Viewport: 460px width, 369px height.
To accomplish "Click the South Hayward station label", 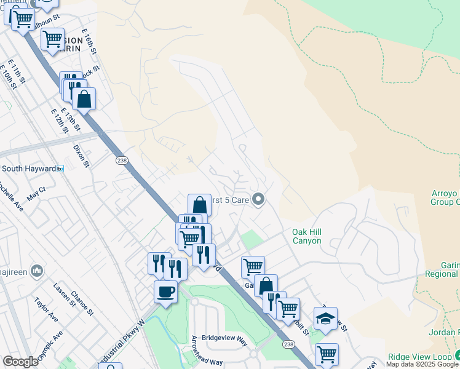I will pos(28,169).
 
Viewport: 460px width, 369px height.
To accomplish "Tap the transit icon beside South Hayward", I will pos(60,169).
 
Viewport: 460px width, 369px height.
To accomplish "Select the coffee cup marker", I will pos(165,292).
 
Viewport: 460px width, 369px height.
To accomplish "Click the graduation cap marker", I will pos(325,318).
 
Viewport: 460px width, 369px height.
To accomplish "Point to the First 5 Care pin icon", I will pos(259,198).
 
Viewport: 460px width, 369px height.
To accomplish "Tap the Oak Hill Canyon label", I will pos(306,236).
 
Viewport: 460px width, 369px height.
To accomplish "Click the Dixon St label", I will pos(82,156).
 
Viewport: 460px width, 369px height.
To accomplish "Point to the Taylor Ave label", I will pos(46,310).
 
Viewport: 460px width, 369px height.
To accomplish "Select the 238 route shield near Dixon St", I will pos(122,160).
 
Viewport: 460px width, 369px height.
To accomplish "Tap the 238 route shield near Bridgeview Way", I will pos(288,345).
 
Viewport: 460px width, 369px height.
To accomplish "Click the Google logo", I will pos(21,362).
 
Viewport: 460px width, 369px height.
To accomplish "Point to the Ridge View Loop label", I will pos(419,357).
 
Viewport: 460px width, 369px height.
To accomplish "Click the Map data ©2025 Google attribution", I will pos(422,365).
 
